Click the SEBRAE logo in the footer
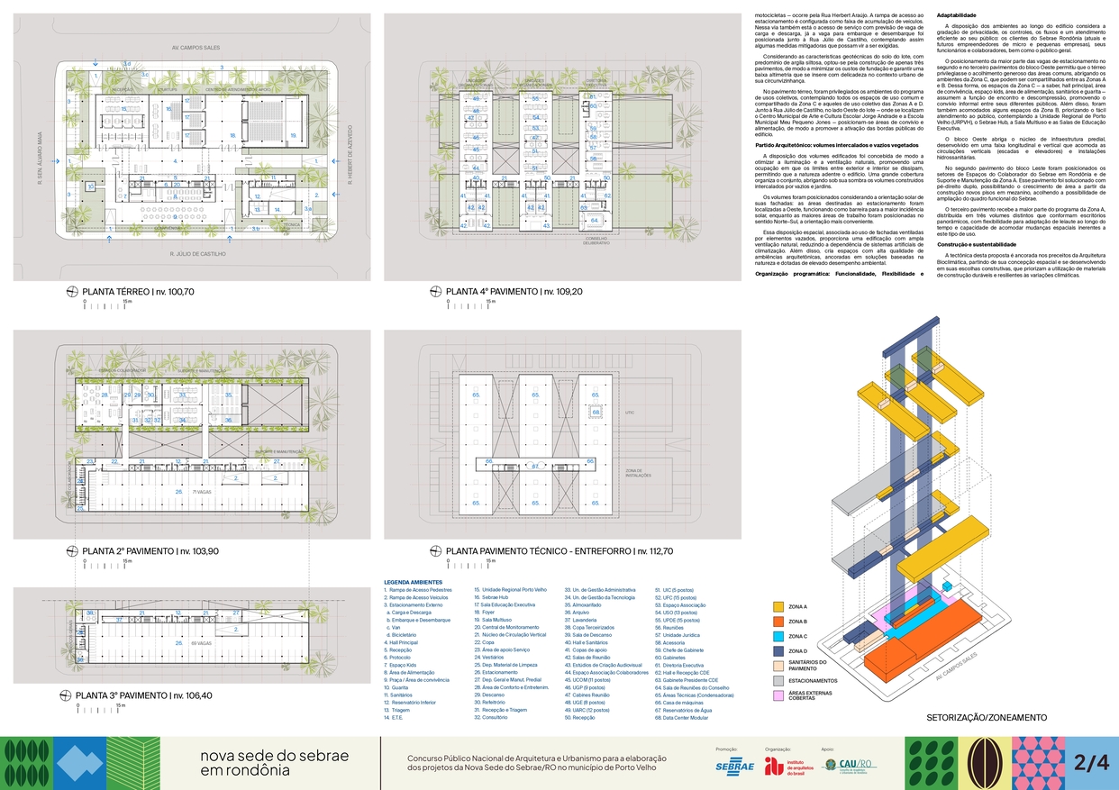coord(734,766)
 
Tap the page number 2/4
coord(1091,762)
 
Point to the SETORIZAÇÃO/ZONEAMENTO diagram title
coord(987,718)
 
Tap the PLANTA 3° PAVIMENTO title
coord(141,695)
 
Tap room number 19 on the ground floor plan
coord(293,111)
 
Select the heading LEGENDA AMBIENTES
coord(412,581)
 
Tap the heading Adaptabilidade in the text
coord(957,16)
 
